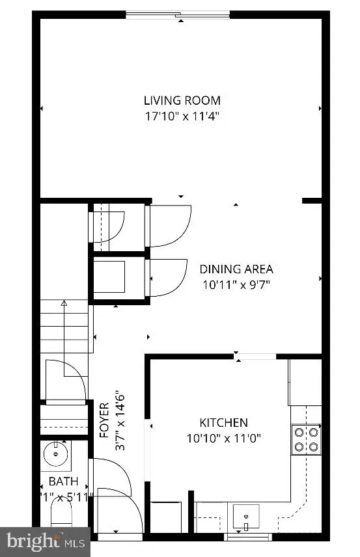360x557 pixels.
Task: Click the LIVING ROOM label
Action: point(182,100)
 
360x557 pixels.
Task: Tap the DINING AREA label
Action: point(236,269)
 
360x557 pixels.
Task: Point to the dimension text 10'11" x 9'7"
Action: point(236,284)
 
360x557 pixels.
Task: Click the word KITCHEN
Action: point(223,422)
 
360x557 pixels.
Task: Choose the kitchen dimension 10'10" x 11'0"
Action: point(223,439)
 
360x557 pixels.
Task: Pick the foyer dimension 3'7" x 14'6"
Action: point(119,420)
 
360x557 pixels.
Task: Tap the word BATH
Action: point(63,482)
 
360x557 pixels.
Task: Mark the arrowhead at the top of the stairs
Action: point(64,303)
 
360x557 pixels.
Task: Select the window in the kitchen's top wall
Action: point(255,356)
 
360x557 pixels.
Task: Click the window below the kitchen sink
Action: point(247,537)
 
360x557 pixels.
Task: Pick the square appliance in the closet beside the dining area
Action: point(111,275)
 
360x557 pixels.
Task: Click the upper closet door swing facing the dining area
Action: point(169,226)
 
